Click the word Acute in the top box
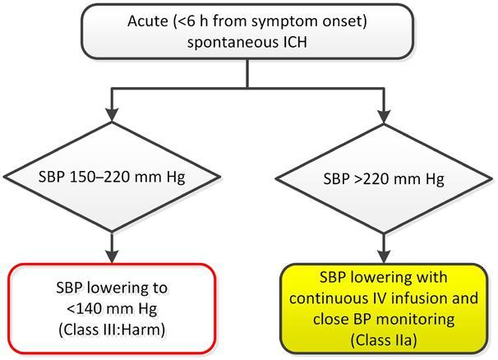(148, 21)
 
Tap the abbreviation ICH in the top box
(294, 42)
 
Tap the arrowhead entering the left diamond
(112, 115)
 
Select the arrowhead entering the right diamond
(384, 117)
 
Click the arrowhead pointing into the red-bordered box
(112, 256)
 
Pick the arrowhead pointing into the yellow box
(384, 256)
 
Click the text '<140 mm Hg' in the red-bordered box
(112, 309)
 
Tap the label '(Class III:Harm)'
(112, 330)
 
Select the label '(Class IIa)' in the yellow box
(384, 340)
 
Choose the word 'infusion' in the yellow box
(422, 298)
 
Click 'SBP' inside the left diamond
(52, 177)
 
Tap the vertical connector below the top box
(247, 73)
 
